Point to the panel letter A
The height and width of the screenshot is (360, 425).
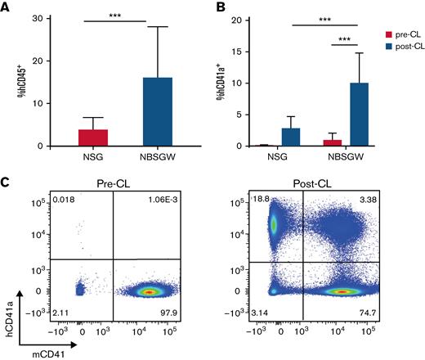(7, 8)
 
